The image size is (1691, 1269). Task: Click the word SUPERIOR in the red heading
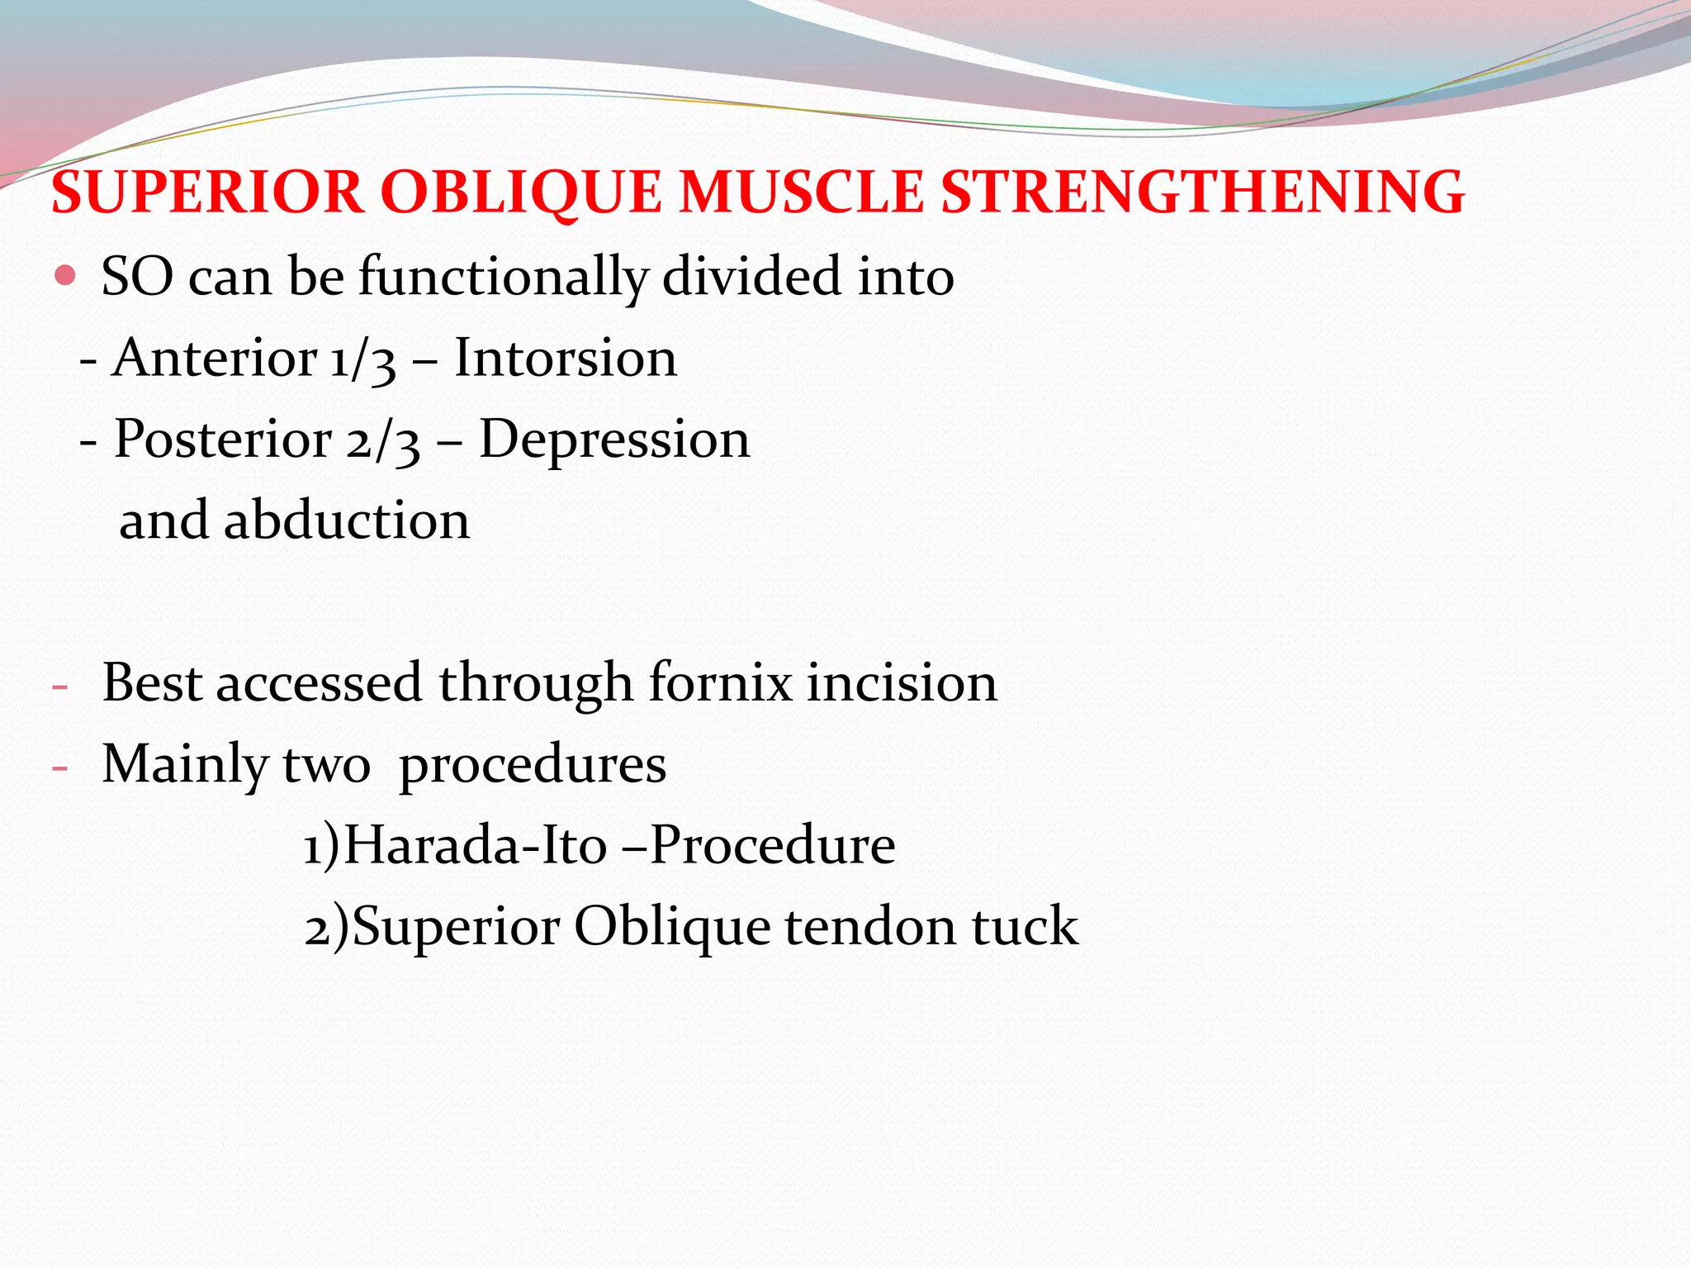point(207,192)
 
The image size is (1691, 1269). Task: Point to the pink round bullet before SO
point(64,274)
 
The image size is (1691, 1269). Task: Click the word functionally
point(503,277)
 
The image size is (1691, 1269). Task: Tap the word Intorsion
point(566,359)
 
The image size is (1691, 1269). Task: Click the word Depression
point(614,440)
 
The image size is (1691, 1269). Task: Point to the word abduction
point(347,520)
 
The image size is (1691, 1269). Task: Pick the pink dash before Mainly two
point(59,768)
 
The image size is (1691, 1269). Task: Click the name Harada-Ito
point(475,845)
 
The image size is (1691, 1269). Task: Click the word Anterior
point(215,359)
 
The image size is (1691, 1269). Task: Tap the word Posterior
point(222,440)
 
